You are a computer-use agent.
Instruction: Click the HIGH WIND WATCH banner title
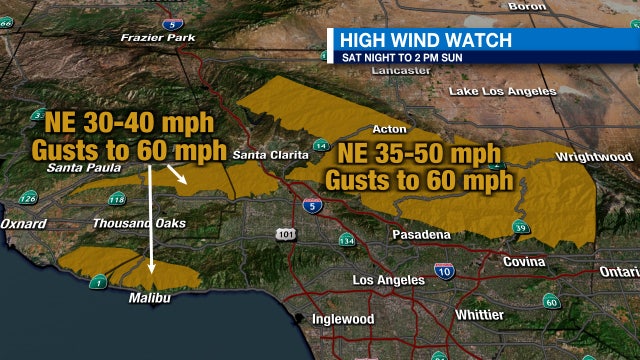pos(425,40)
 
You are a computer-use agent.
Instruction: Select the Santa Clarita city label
pos(270,155)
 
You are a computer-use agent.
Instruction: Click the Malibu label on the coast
pos(152,298)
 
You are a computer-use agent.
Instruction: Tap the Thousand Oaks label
pos(139,223)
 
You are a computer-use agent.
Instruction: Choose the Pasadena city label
pos(419,235)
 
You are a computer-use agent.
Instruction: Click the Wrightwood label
pos(594,157)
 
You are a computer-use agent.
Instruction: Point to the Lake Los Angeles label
pos(502,92)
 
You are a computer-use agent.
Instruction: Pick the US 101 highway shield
pos(286,233)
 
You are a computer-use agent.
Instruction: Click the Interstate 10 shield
pos(444,270)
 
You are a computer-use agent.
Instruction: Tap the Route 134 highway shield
pos(346,240)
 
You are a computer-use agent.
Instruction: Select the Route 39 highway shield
pos(520,229)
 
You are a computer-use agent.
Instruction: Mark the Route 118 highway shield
pos(116,198)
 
